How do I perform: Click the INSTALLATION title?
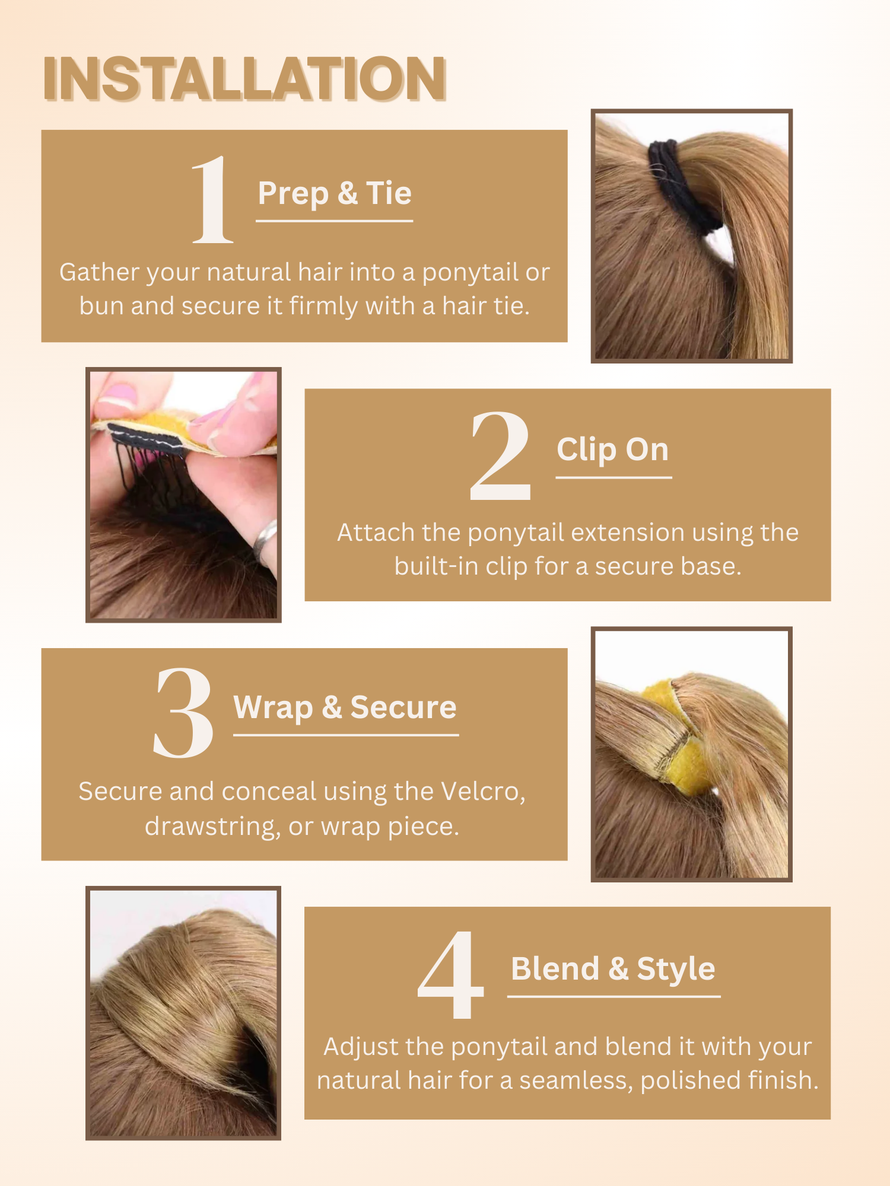point(244,78)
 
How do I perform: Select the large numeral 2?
point(500,455)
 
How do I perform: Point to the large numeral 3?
point(183,713)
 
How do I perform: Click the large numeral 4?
point(451,974)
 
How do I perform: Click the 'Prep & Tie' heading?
point(335,194)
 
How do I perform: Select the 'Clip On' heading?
point(612,450)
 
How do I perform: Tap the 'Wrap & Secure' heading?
point(345,707)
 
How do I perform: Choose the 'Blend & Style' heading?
point(613,969)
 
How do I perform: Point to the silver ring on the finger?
point(265,540)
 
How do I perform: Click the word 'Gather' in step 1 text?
point(98,273)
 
